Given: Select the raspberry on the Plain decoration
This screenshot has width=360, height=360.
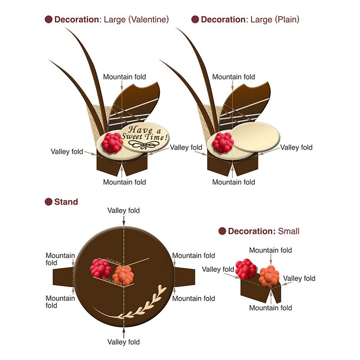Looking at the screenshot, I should click(x=223, y=142).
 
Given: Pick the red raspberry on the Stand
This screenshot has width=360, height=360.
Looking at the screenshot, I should click(x=101, y=268).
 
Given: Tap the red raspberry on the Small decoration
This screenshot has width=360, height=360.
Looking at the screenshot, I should click(x=246, y=269).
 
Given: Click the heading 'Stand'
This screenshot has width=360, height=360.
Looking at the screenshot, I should click(x=66, y=202).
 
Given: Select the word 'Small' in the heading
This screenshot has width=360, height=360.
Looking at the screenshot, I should click(x=288, y=231).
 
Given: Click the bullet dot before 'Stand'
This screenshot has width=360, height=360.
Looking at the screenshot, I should click(x=49, y=202).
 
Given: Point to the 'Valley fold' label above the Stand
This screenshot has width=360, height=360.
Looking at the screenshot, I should click(x=123, y=211).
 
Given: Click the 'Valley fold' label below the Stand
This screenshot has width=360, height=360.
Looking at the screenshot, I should click(x=123, y=342).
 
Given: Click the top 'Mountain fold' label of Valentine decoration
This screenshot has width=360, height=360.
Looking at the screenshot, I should click(x=125, y=77).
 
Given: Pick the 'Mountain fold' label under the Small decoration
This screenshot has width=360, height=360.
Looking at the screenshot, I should click(x=270, y=308).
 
